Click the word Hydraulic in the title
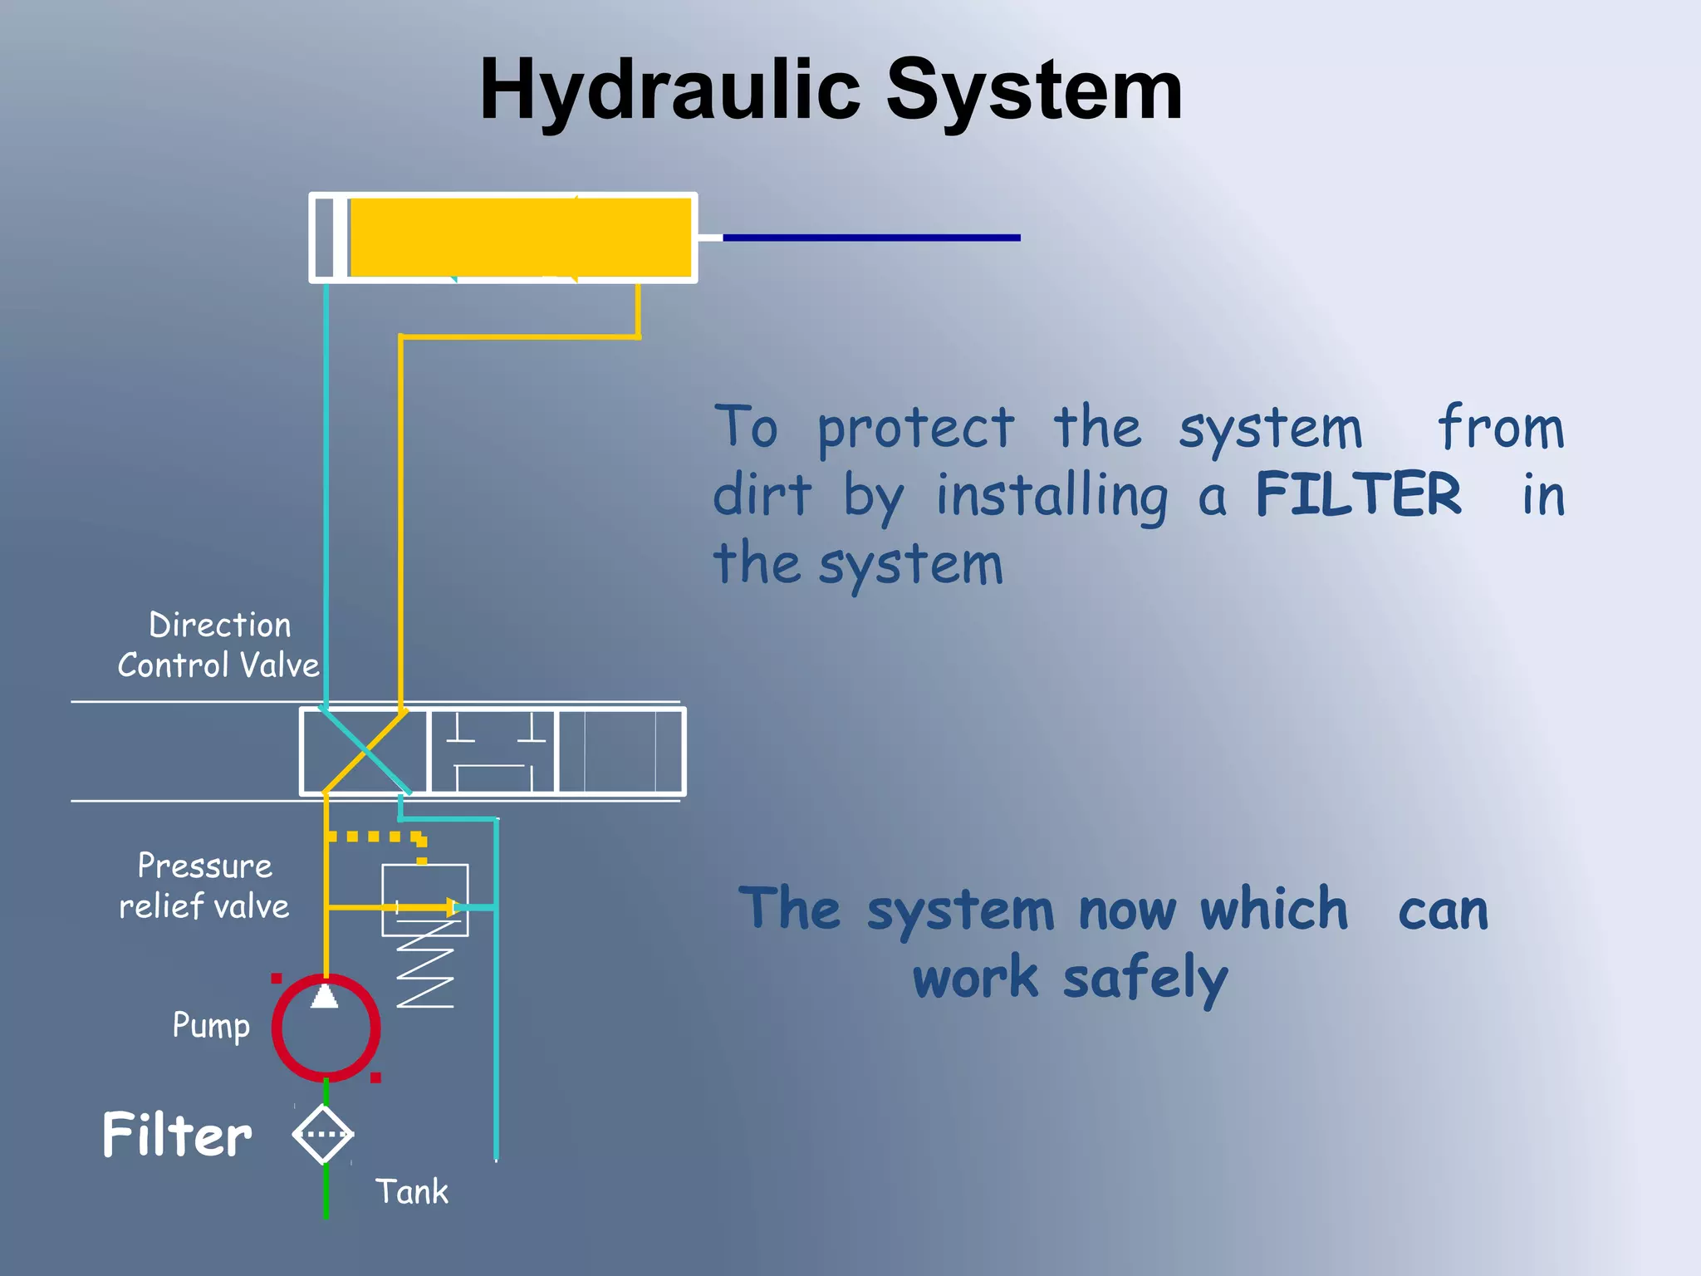[x=669, y=90]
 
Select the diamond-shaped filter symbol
[x=323, y=1134]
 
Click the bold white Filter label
[x=177, y=1136]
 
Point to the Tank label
[x=411, y=1192]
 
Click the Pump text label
[x=211, y=1026]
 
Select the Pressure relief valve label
[x=204, y=886]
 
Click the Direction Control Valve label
[x=219, y=645]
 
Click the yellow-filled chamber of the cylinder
[x=520, y=237]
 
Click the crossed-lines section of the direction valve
[x=364, y=752]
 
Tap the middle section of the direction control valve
[x=493, y=752]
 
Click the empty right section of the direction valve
[x=621, y=752]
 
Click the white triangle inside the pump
[x=325, y=994]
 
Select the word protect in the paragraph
[x=915, y=429]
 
